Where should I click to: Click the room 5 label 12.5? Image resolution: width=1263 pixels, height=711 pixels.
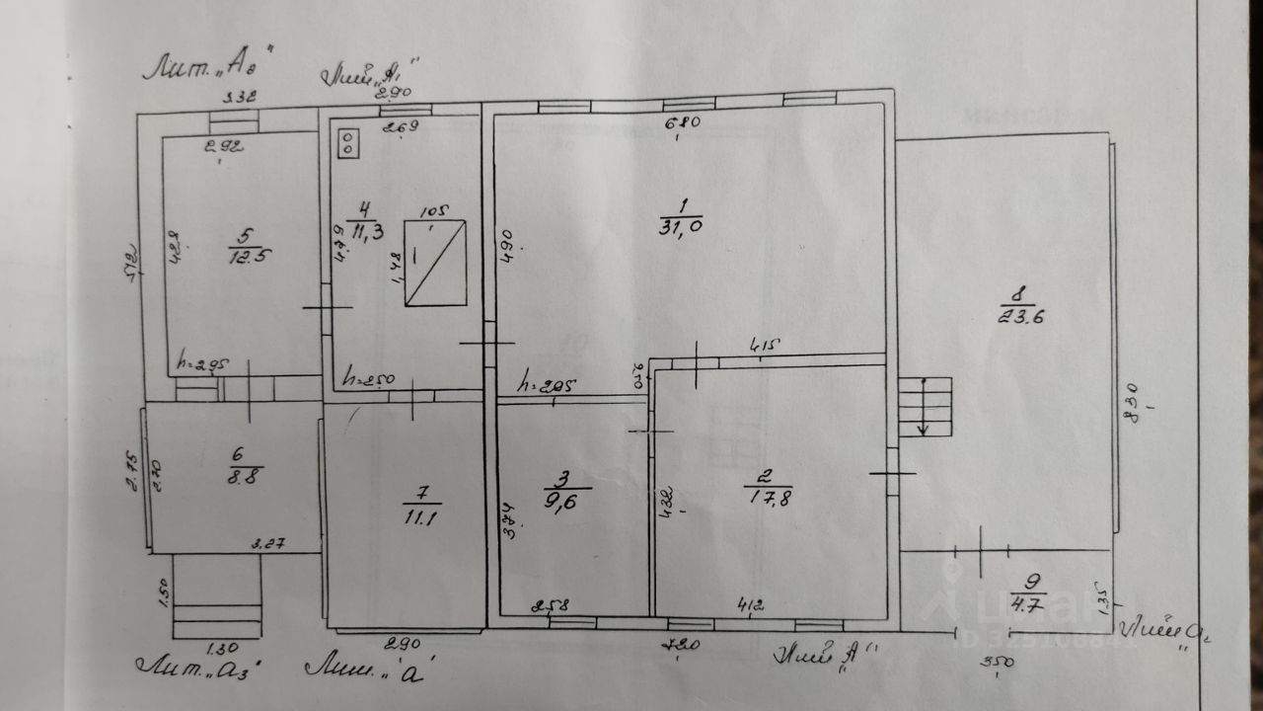pyautogui.click(x=241, y=246)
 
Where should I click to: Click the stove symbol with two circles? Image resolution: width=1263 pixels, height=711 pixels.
pyautogui.click(x=348, y=142)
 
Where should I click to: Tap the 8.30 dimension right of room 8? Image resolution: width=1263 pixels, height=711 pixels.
pyautogui.click(x=1131, y=400)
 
